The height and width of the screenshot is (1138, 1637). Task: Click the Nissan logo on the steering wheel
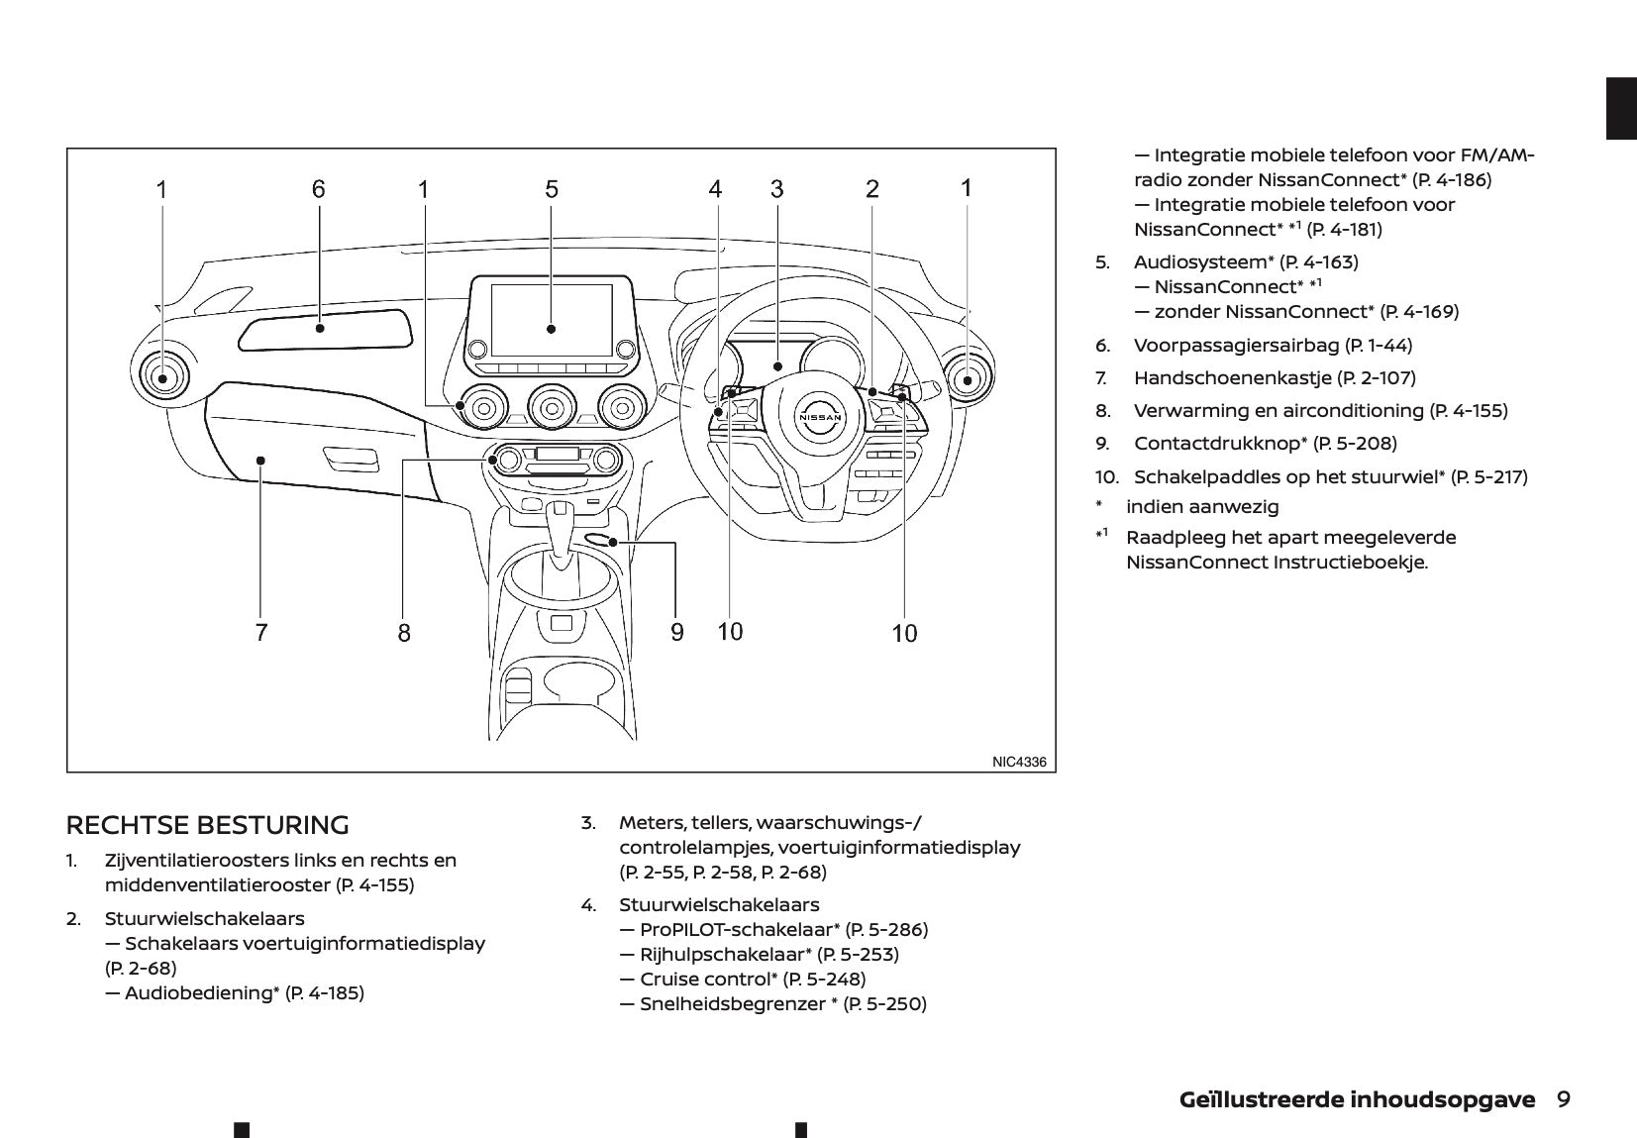coord(821,417)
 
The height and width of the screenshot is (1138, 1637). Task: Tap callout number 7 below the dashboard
coord(260,632)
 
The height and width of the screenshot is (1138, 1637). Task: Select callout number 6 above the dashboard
coord(318,188)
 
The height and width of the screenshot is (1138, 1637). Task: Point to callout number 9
coord(677,631)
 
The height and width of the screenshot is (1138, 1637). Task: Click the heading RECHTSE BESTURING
coord(207,825)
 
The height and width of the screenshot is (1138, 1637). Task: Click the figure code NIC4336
coord(1018,762)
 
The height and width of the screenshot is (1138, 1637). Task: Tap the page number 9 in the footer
coord(1563,1099)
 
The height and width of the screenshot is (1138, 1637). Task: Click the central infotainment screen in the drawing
coord(551,319)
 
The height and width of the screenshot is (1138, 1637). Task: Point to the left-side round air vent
coord(161,376)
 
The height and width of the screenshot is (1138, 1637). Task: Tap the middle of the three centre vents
coord(552,404)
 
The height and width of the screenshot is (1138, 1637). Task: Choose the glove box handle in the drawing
coord(351,459)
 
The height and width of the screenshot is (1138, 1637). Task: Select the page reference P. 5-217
coord(1488,476)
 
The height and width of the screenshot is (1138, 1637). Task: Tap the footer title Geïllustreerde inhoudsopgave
coord(1357,1099)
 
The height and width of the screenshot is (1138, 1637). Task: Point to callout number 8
coord(404,632)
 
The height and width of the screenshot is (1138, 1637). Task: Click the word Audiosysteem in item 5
coord(1200,261)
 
